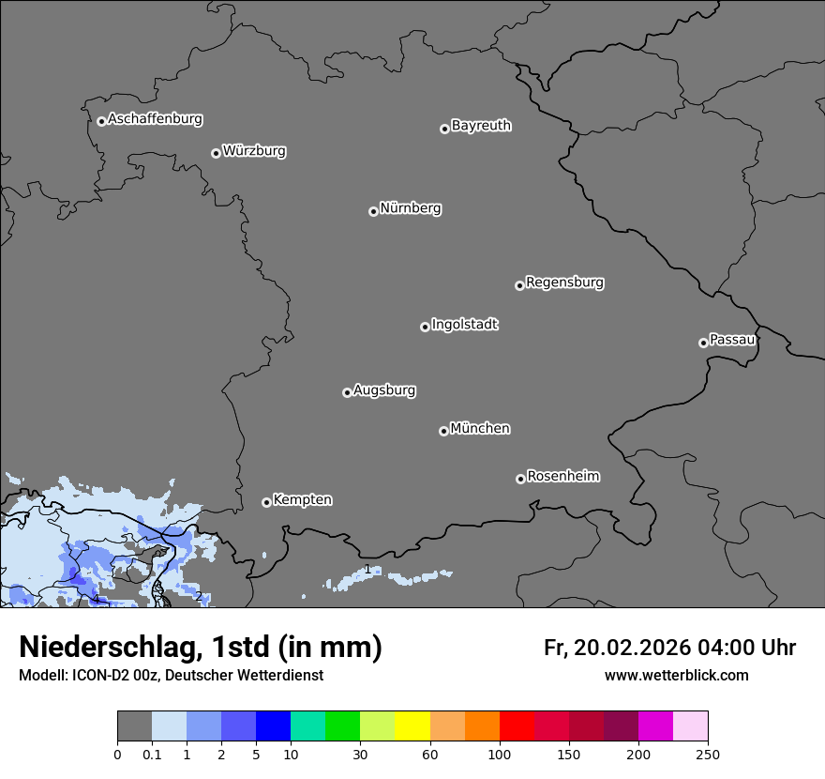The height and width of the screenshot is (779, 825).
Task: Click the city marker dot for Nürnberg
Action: point(373,211)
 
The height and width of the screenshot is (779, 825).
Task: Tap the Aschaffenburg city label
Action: point(155,119)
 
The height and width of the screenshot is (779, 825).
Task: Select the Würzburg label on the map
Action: point(254,151)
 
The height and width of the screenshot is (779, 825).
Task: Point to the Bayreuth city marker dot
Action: point(444,129)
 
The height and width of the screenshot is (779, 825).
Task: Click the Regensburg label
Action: point(564,283)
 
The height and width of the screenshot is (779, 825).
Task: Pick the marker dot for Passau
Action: point(703,343)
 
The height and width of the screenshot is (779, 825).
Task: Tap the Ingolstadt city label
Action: point(464,325)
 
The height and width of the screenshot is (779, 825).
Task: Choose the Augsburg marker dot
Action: point(347,392)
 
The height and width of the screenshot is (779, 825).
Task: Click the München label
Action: point(480,429)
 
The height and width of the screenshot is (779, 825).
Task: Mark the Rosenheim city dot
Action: point(520,479)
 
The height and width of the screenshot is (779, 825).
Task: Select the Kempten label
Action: point(302,500)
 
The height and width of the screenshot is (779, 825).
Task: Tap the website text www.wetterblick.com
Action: point(676,676)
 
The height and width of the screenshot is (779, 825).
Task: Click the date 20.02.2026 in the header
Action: point(635,648)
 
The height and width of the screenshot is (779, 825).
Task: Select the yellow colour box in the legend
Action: point(412,726)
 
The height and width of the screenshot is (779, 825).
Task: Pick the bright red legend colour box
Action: point(517,726)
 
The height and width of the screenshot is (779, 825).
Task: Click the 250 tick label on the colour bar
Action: point(708,755)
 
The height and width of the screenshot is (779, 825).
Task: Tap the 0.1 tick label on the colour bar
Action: point(152,755)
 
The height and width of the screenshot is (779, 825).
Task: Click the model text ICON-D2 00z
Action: point(111,676)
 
